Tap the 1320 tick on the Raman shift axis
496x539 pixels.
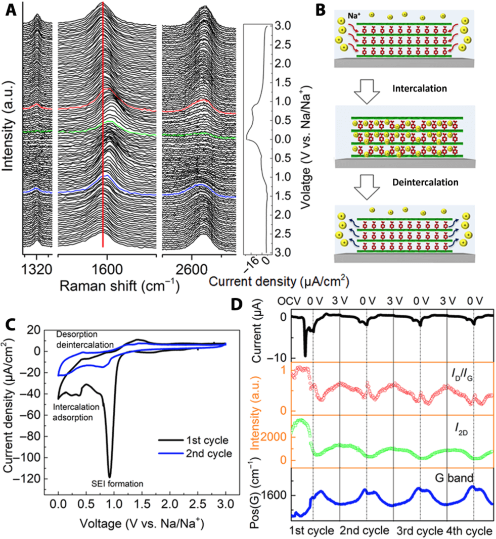click(x=37, y=269)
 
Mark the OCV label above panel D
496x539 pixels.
click(x=287, y=303)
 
